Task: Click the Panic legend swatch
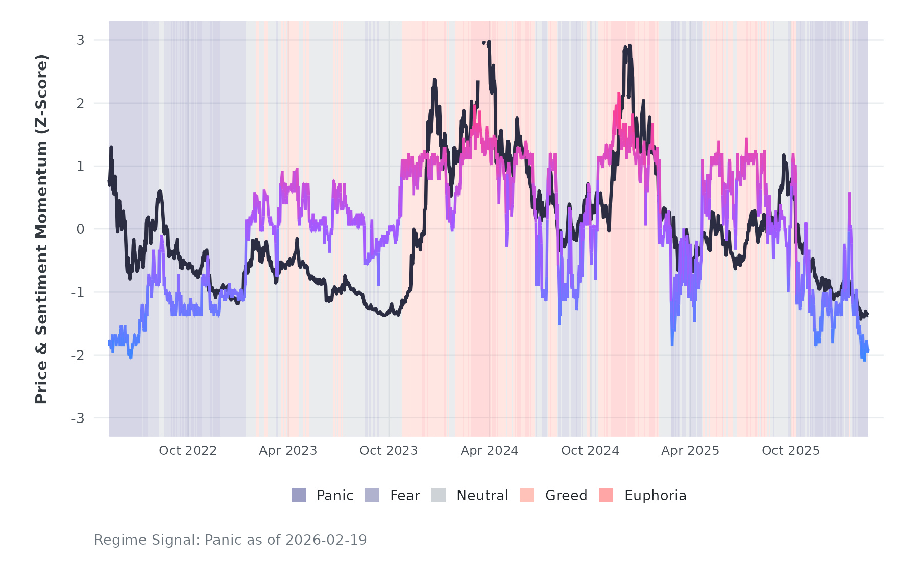(299, 495)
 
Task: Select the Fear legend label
(405, 496)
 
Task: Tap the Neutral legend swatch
(439, 495)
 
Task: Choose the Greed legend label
(566, 496)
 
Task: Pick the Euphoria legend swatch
(606, 495)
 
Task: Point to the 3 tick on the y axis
(81, 40)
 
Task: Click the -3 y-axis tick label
(78, 418)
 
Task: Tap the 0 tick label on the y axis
(81, 229)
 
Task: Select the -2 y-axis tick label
(78, 356)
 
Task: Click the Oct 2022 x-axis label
(188, 451)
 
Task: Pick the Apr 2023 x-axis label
(288, 451)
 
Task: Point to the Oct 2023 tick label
(389, 451)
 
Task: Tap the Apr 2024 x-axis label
(489, 451)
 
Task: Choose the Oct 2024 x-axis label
(590, 451)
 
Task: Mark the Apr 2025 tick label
(690, 451)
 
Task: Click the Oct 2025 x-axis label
(791, 451)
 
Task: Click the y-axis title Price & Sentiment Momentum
(41, 229)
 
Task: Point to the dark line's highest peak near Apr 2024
(489, 41)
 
